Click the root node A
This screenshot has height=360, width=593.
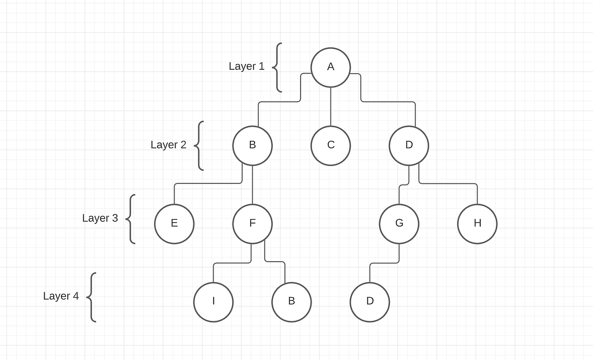point(331,67)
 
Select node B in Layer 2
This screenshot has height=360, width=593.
point(252,145)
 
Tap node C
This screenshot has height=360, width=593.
point(331,145)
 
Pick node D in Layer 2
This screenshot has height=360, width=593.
point(409,145)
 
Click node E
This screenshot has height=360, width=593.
point(174,224)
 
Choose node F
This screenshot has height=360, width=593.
point(252,224)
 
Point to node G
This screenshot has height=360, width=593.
point(399,224)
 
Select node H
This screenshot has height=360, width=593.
point(478,224)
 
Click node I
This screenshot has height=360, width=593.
point(213,301)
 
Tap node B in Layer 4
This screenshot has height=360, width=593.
point(292,301)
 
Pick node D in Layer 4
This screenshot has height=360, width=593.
point(370,301)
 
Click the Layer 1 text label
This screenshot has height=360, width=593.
point(247,66)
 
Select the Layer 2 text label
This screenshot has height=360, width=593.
point(168,145)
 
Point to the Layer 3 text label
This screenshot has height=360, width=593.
point(100,218)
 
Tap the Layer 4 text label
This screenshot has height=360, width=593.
point(61,296)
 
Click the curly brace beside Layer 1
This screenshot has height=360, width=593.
point(277,68)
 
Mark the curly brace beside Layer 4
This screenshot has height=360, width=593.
point(91,297)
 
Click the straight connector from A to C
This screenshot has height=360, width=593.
point(331,106)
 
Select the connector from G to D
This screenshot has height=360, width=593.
point(384,263)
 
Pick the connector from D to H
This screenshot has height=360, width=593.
point(449,184)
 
